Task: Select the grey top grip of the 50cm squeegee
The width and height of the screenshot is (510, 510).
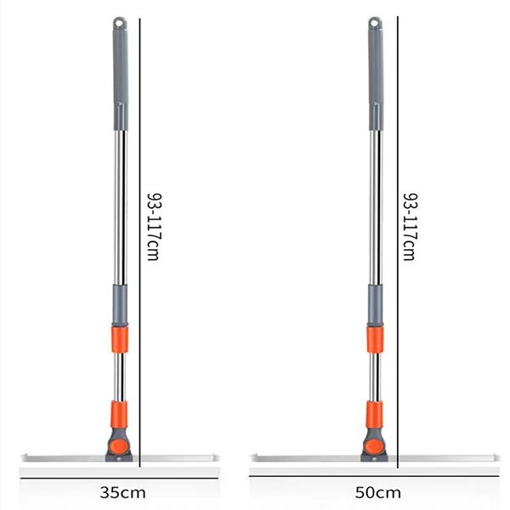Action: [x=375, y=72]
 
